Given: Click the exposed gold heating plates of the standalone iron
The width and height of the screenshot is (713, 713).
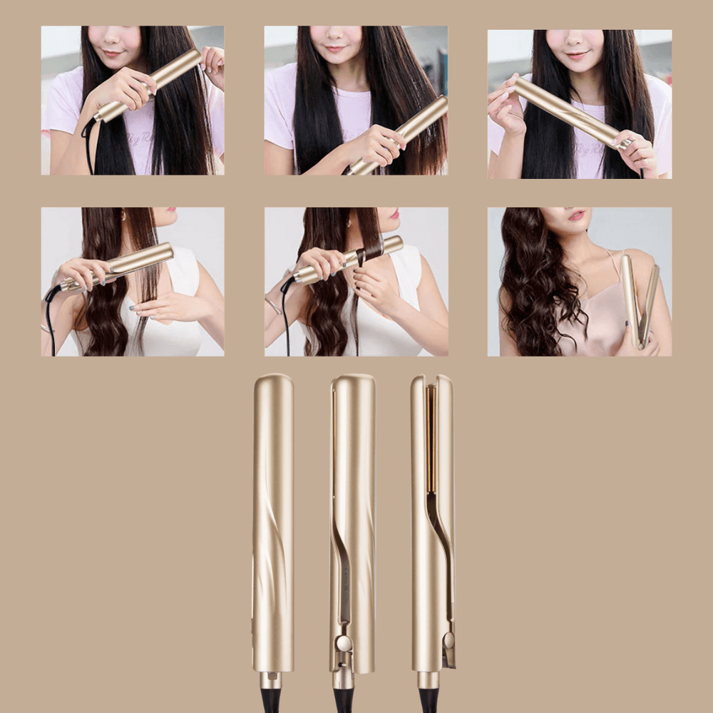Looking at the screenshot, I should point(431,442).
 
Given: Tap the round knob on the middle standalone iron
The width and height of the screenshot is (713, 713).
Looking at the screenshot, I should point(344,643).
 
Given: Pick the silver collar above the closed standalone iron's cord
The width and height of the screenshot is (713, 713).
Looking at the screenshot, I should point(272,679).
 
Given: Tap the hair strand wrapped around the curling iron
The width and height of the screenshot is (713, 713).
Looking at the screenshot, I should point(371,250).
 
